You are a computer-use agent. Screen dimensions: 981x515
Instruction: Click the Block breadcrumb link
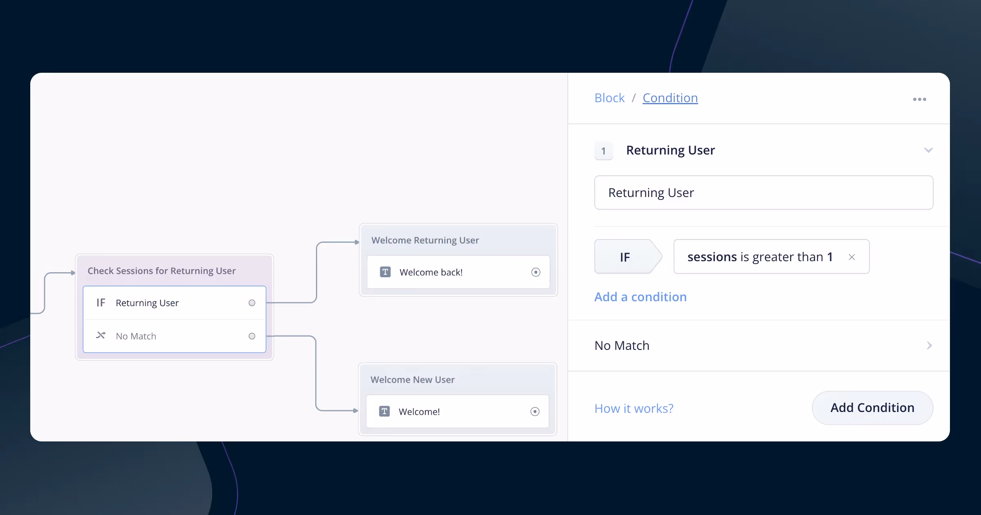click(x=609, y=98)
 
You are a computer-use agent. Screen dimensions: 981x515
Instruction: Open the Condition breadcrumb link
click(x=670, y=98)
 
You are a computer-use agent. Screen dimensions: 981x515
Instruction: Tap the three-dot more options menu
click(x=920, y=99)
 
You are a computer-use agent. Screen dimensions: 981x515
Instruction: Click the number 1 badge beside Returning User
click(x=604, y=151)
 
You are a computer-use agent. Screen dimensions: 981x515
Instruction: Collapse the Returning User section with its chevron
click(x=928, y=150)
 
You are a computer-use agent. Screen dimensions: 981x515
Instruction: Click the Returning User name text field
click(x=764, y=193)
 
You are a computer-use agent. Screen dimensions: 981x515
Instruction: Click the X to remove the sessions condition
click(x=852, y=257)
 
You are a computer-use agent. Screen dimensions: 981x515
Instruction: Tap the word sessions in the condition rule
click(x=712, y=257)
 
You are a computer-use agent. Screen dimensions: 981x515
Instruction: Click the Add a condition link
click(x=641, y=297)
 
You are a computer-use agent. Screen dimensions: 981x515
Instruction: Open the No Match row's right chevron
click(x=929, y=345)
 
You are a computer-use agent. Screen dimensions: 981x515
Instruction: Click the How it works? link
click(x=634, y=408)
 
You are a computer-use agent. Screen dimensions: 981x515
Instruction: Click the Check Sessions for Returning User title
click(x=161, y=271)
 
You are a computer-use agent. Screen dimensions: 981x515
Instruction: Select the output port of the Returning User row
click(x=252, y=303)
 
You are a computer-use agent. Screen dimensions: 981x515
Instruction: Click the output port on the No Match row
click(x=252, y=336)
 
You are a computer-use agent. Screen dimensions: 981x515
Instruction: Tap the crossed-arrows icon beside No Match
click(x=101, y=336)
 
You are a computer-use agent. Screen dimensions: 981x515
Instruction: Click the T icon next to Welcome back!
click(x=385, y=272)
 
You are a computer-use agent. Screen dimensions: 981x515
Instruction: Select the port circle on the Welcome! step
click(x=535, y=412)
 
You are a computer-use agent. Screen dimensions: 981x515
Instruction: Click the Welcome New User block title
click(x=412, y=380)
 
